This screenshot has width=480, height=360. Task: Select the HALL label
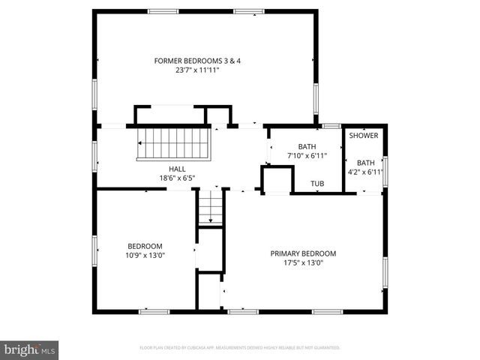click(x=177, y=169)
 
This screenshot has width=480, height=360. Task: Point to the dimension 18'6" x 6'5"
click(x=177, y=178)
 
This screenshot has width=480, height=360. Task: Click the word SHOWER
click(x=364, y=136)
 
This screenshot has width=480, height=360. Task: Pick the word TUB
click(x=318, y=183)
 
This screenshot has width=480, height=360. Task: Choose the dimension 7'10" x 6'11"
click(x=307, y=155)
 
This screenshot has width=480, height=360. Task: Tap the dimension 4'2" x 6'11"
click(x=365, y=172)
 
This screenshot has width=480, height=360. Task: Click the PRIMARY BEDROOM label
click(x=303, y=253)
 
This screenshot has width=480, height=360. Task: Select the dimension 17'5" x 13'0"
click(x=303, y=263)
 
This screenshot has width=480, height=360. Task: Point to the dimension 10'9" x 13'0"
click(x=145, y=255)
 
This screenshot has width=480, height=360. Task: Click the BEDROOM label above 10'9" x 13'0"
click(x=145, y=246)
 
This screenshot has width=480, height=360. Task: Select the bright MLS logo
click(x=30, y=349)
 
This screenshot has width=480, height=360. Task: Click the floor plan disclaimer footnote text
click(x=240, y=348)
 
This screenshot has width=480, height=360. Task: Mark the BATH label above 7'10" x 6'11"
click(x=307, y=146)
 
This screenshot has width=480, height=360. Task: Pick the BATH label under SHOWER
click(x=365, y=163)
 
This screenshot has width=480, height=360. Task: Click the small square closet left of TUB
click(x=276, y=181)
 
